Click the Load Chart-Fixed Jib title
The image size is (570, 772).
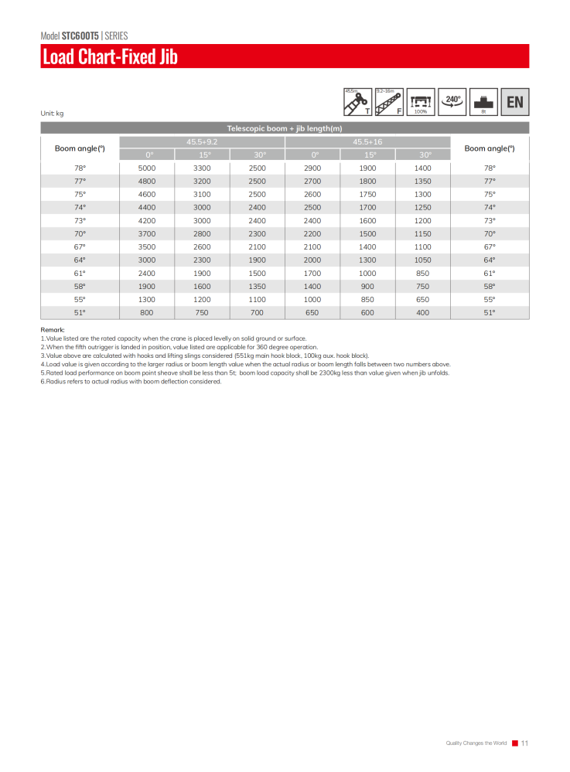(x=110, y=57)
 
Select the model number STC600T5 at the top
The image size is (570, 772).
(x=80, y=36)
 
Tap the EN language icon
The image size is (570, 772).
(x=514, y=101)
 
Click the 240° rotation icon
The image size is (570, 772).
(x=452, y=100)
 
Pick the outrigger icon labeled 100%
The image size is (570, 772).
(x=421, y=101)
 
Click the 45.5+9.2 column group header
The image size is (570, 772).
(x=202, y=142)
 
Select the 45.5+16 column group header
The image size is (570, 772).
(x=367, y=142)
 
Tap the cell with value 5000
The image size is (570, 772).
(x=147, y=168)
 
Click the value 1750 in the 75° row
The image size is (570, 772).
(x=367, y=194)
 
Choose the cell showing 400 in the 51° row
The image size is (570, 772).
(x=422, y=312)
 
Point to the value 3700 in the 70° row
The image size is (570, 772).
(x=147, y=233)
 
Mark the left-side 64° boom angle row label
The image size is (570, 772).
(x=80, y=260)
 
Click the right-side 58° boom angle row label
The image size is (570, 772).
(x=489, y=286)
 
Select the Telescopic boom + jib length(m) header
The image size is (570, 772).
(x=285, y=128)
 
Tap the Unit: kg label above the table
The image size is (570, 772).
(x=52, y=114)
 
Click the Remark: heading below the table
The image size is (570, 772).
(x=53, y=330)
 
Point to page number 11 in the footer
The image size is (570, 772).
(x=524, y=743)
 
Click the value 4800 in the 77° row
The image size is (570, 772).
(x=147, y=181)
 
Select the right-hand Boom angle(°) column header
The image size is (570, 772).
(x=489, y=148)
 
